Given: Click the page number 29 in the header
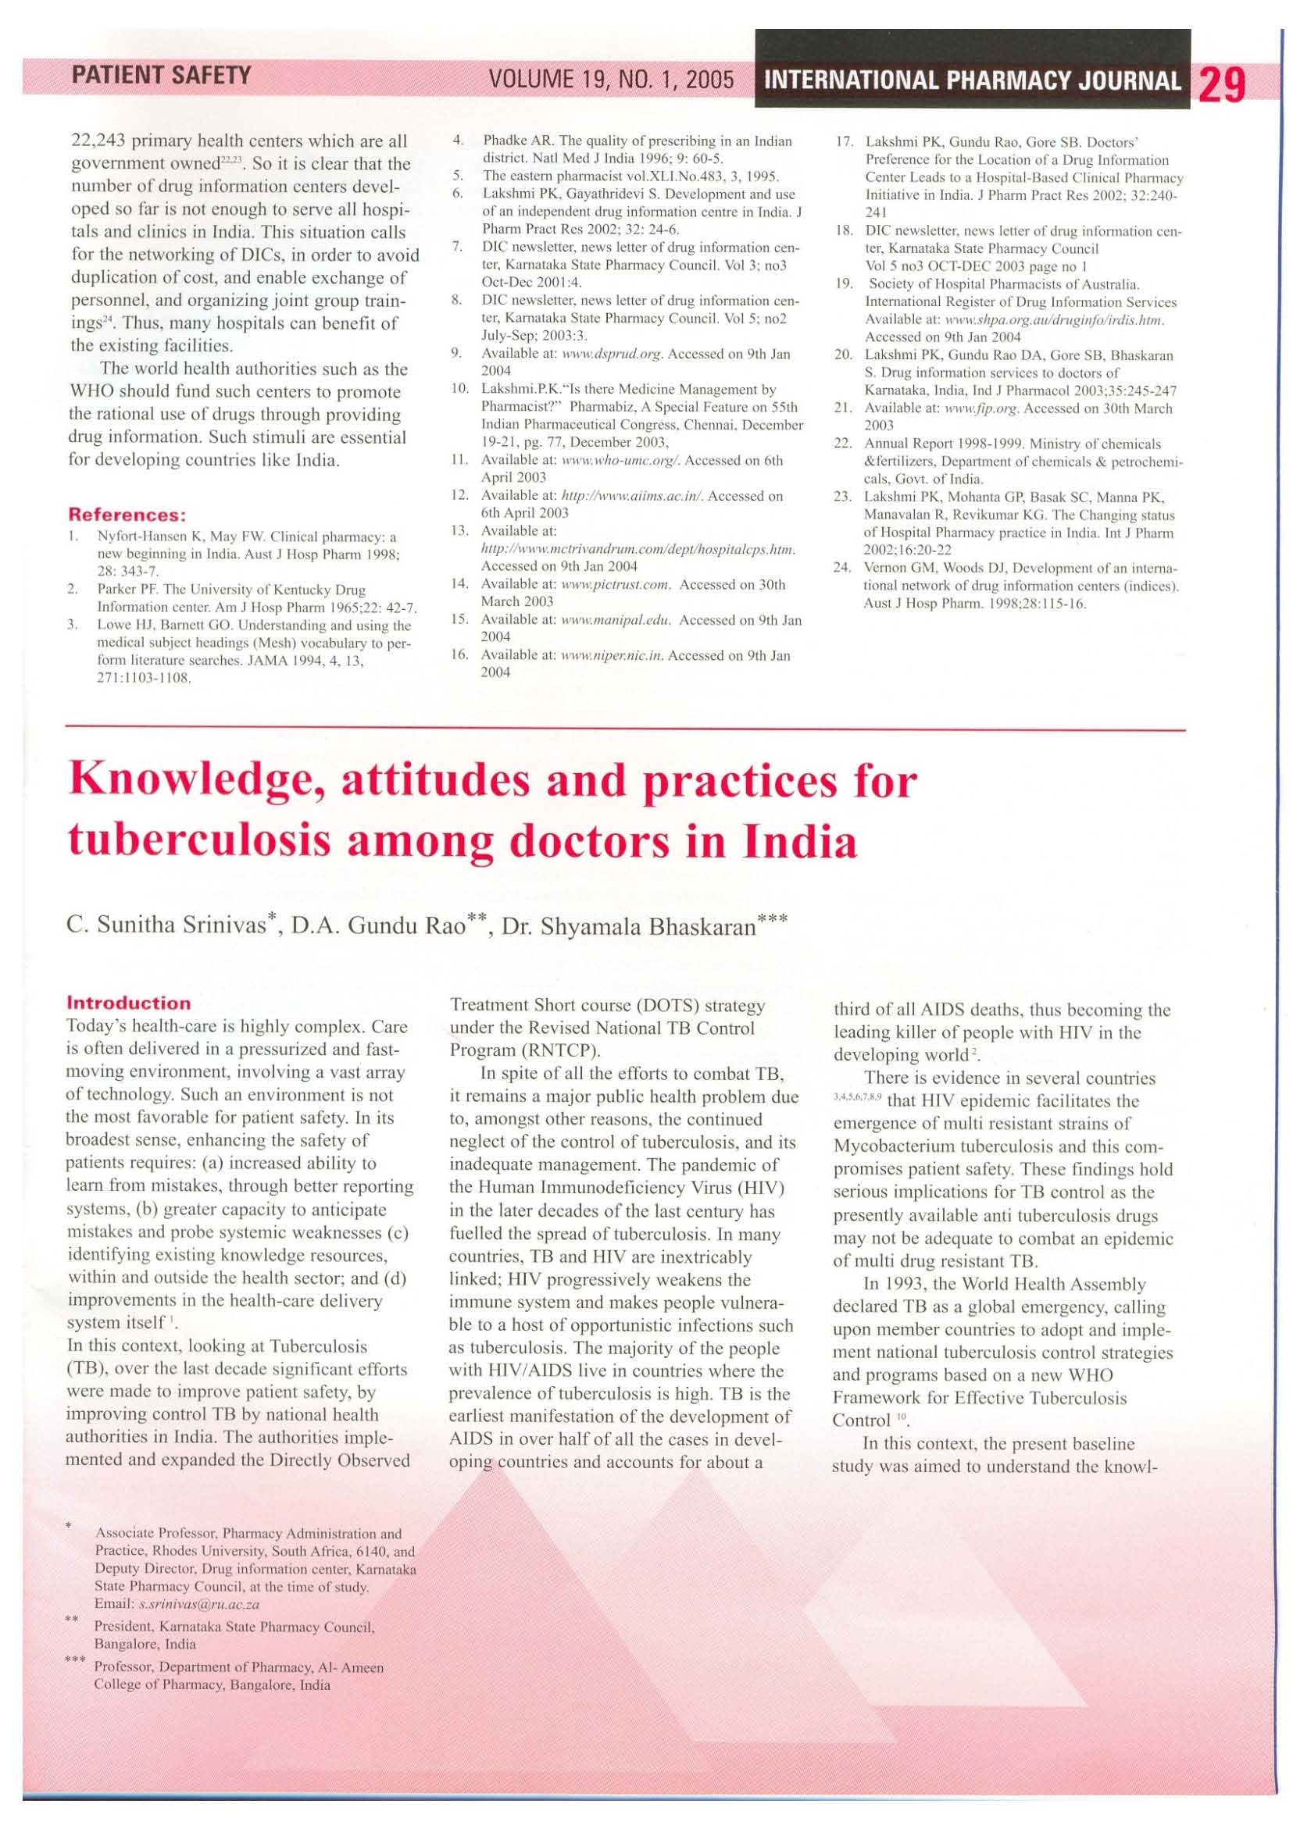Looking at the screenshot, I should point(1220,83).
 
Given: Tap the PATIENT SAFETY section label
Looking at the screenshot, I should point(161,76).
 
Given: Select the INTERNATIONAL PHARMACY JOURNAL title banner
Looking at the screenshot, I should point(971,81).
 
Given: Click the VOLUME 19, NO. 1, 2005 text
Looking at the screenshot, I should point(611,80).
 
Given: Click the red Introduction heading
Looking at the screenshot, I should point(129,1003).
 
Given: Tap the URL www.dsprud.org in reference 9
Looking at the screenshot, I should point(612,355).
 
